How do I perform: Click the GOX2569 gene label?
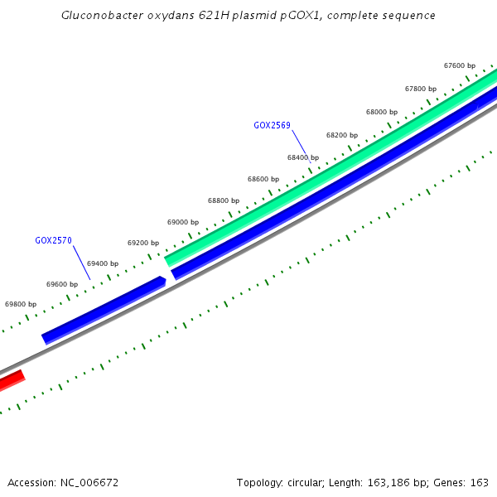coord(272,125)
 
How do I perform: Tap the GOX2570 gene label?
coord(53,240)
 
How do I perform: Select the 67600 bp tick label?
coord(460,65)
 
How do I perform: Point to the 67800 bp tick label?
coord(421,89)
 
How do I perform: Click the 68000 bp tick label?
coord(382,112)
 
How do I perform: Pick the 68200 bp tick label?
coord(342,134)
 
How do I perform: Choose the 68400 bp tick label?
coord(303,157)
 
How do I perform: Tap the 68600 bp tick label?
coord(263,179)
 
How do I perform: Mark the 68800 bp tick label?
coord(224,200)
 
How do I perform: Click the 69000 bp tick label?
coord(183,222)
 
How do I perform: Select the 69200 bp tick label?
coord(143,243)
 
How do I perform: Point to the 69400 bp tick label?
coord(103,263)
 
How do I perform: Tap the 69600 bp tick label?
coord(62,284)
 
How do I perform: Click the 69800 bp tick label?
coord(21,304)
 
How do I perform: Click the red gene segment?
coord(11,382)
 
